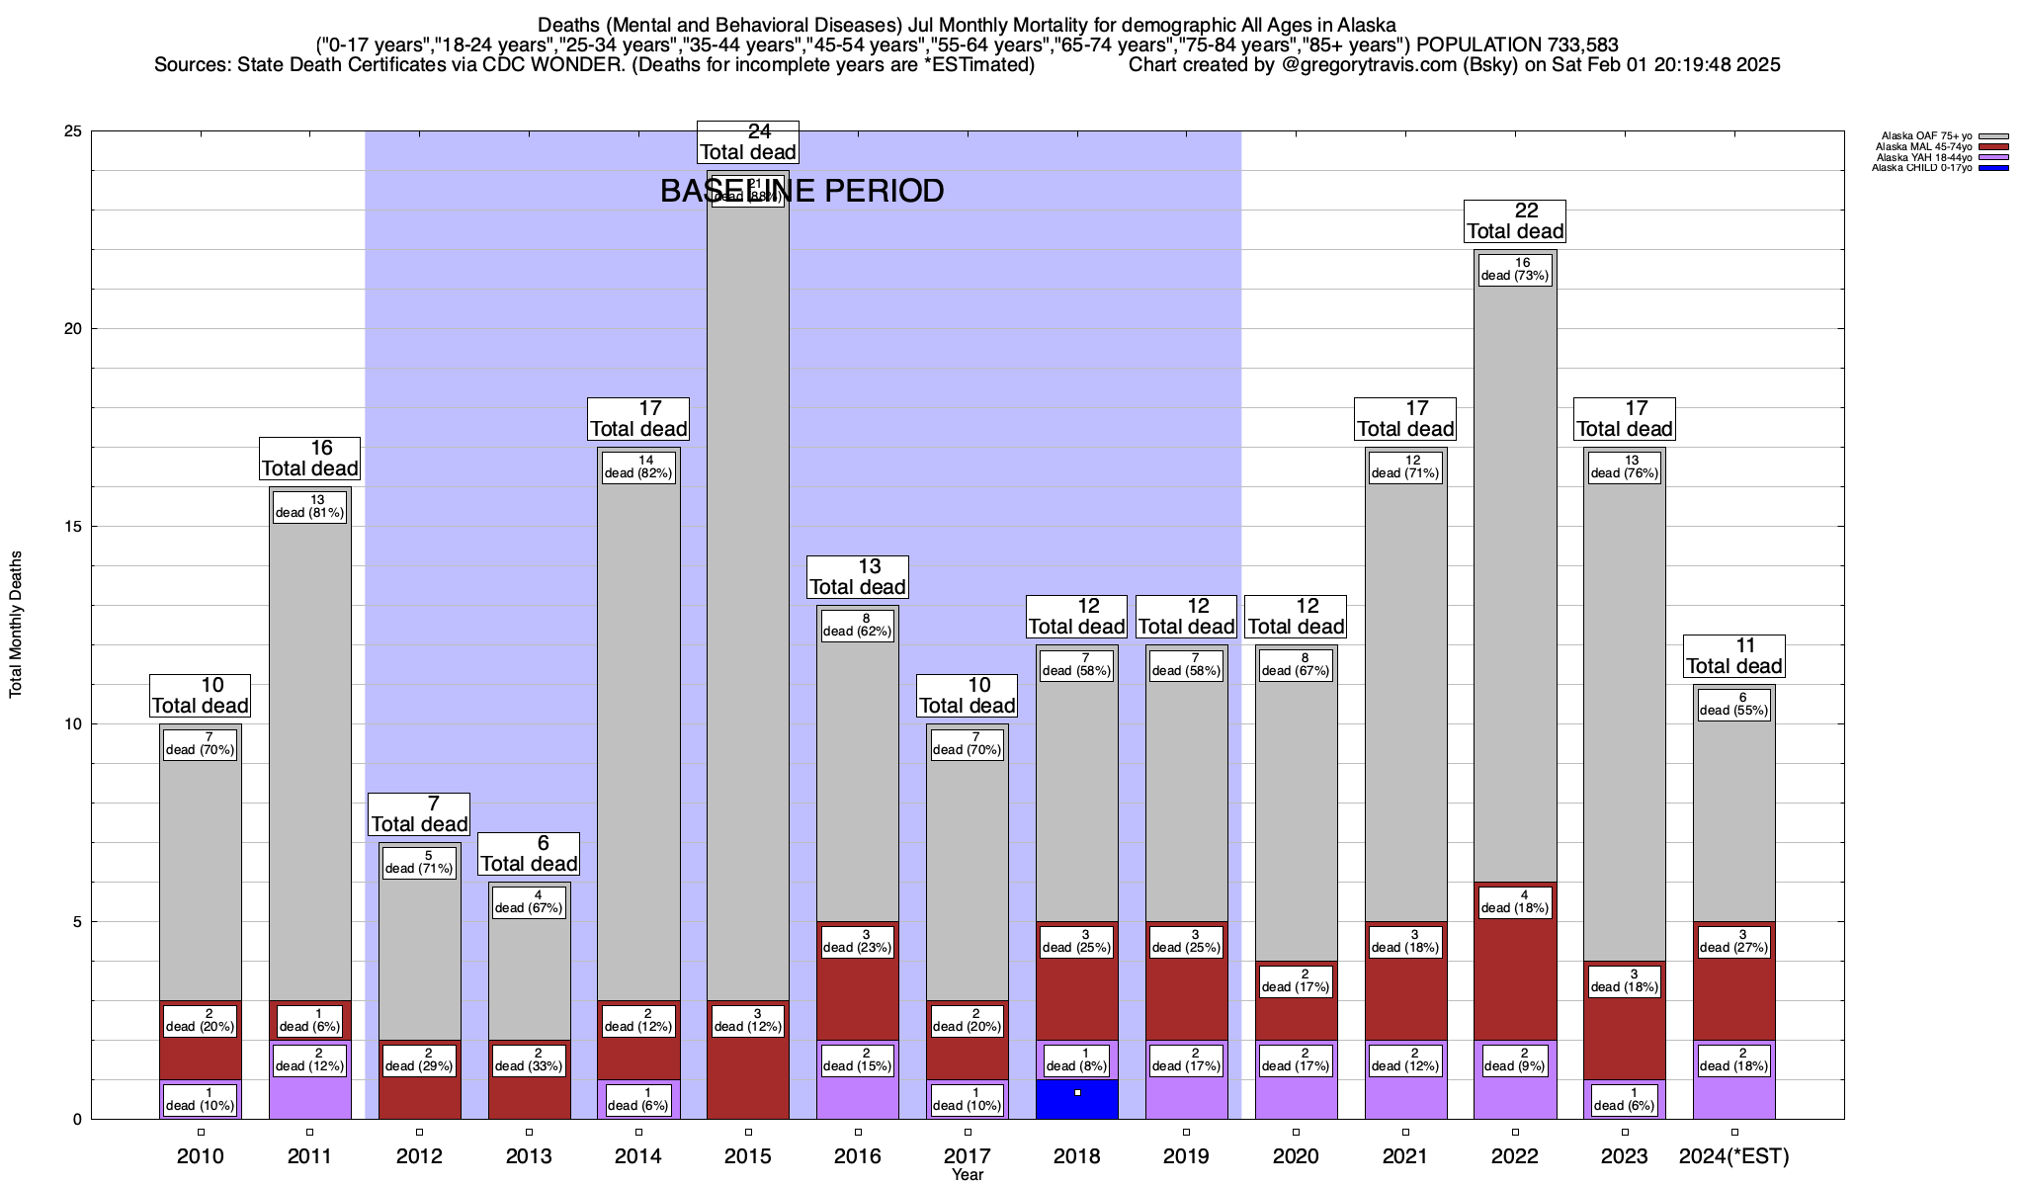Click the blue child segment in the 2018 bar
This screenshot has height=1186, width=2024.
(x=1076, y=1100)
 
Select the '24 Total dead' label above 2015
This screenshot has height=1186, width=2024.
(x=748, y=141)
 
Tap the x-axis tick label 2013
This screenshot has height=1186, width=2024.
(x=529, y=1156)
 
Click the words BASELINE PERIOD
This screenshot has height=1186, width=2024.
(x=801, y=191)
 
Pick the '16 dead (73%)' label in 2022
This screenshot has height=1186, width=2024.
(x=1515, y=269)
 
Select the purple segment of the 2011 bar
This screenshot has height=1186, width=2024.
(x=309, y=1097)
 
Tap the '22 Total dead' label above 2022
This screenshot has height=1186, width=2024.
(x=1515, y=220)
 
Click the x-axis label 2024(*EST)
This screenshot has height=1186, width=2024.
(x=1733, y=1156)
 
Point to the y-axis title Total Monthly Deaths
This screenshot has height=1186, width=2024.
(x=16, y=625)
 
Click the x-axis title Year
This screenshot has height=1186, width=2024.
(x=968, y=1175)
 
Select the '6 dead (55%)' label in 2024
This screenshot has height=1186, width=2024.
(x=1733, y=704)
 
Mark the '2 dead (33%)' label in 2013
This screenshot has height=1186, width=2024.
(x=529, y=1059)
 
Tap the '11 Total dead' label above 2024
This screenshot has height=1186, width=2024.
(x=1733, y=655)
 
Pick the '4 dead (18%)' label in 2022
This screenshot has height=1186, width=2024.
(x=1515, y=901)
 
